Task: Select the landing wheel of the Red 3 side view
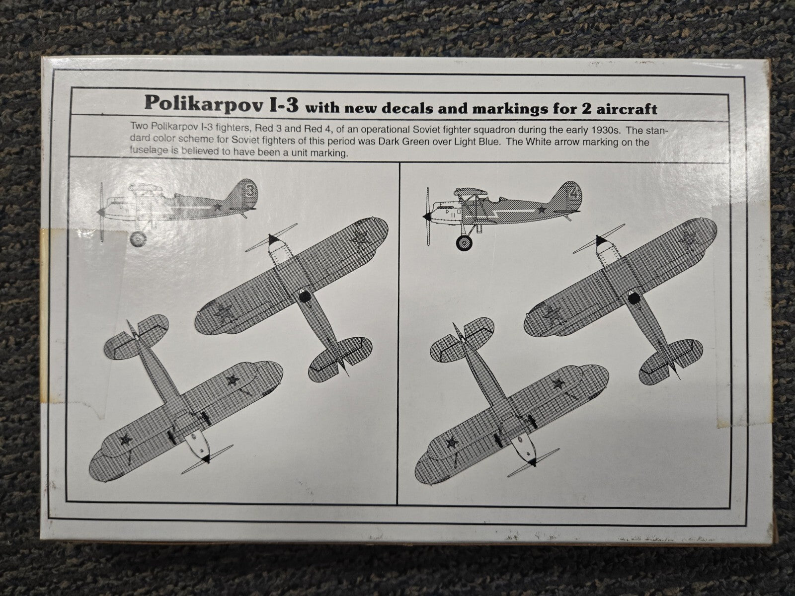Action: [139, 239]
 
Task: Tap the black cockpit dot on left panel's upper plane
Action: [305, 297]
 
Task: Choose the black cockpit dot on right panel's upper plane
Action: [634, 298]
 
